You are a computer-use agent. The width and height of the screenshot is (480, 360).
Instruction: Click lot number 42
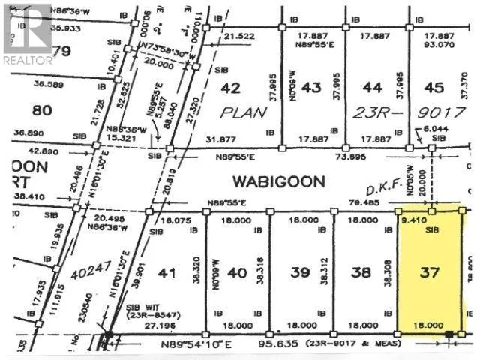point(231,88)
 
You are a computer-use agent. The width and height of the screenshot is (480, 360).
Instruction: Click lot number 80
point(43,110)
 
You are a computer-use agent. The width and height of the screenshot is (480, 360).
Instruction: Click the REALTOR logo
point(28,34)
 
